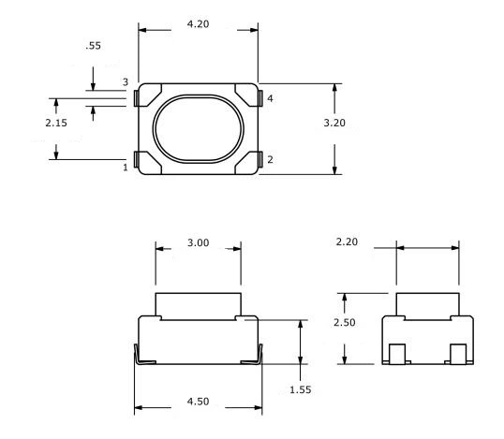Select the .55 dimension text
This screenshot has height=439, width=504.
pos(93,44)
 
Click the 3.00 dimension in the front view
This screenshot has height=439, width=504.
pos(197,243)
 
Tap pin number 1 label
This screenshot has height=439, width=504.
pos(125,168)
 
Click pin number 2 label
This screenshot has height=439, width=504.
pos(270,159)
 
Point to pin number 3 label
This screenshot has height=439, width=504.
pos(125,83)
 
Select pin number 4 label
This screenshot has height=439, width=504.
pos(270,97)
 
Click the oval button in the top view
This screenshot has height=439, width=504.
pos(198,127)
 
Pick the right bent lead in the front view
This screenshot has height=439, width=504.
pos(254,357)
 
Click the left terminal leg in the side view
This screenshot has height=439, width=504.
pos(397,354)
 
